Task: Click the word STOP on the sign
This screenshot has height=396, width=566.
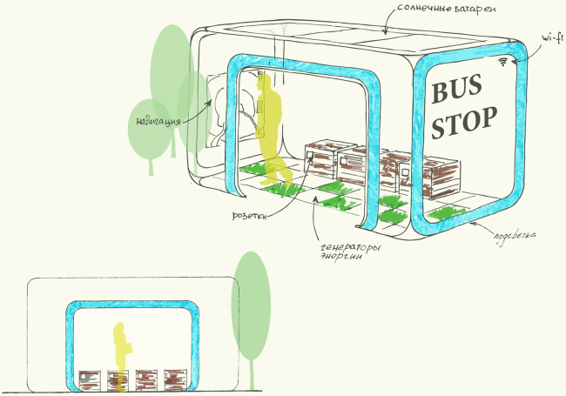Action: click(465, 121)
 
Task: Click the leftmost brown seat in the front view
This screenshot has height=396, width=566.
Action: click(90, 379)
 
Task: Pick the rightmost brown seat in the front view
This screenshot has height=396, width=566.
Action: click(177, 379)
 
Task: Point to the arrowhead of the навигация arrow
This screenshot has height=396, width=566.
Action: click(210, 102)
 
